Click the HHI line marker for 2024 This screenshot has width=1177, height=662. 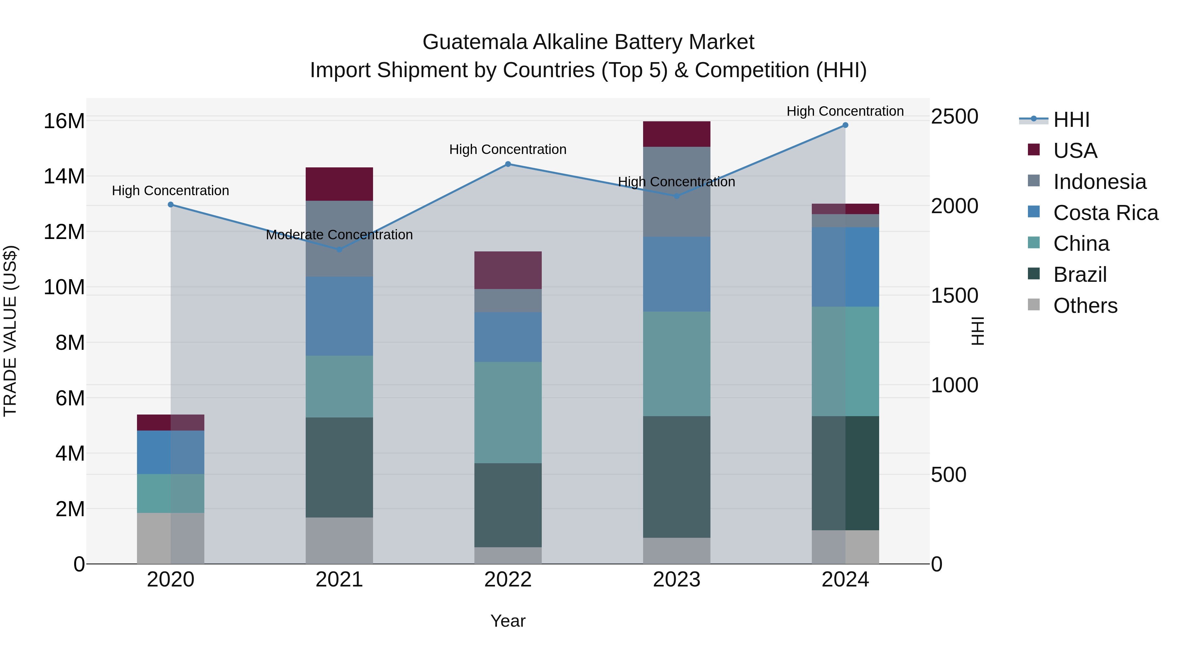[x=845, y=125]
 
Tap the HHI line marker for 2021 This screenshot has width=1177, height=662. [x=339, y=249]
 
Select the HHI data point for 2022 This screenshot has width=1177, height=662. [x=508, y=164]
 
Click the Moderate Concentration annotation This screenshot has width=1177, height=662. [x=339, y=235]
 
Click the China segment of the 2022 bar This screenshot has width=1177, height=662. [x=508, y=412]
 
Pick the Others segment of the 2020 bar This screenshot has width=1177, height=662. [x=170, y=538]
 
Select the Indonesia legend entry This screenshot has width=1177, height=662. [x=1099, y=182]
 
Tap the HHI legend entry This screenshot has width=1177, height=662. [x=1070, y=120]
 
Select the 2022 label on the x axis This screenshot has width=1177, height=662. [x=508, y=580]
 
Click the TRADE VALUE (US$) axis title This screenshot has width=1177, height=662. [x=10, y=331]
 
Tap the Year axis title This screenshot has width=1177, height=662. [x=508, y=621]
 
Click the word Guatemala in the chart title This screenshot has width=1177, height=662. [x=475, y=42]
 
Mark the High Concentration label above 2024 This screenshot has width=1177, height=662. [x=845, y=111]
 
